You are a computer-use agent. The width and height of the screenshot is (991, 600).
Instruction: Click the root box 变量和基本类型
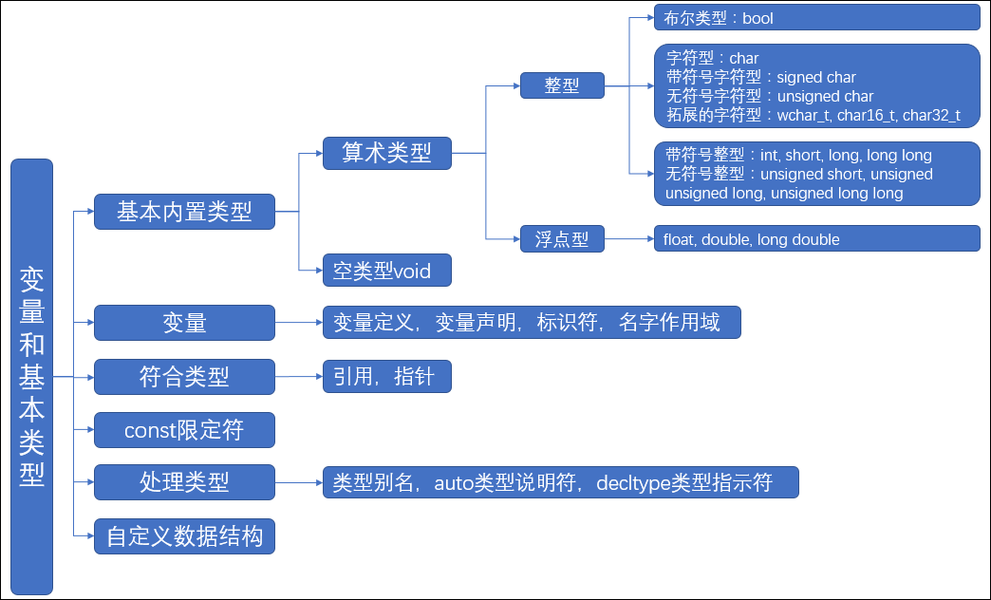pos(31,376)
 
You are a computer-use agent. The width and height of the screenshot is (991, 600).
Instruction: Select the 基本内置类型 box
pos(184,212)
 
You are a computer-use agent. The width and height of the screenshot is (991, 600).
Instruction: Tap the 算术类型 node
pos(386,152)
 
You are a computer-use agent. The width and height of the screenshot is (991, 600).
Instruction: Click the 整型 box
pos(562,85)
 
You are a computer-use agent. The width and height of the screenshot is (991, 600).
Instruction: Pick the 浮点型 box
pos(562,239)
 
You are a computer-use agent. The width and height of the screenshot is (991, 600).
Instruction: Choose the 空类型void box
pos(386,272)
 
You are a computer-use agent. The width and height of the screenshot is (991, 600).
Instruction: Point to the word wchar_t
pos(803,116)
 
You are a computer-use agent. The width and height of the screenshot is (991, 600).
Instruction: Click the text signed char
pos(815,78)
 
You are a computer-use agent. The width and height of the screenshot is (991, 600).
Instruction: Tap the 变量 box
pos(184,323)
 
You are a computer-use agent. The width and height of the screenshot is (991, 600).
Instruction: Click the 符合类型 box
pos(184,377)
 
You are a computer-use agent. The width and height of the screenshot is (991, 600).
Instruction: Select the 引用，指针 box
pos(386,377)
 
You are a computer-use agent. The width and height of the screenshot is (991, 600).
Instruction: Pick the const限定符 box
pos(184,431)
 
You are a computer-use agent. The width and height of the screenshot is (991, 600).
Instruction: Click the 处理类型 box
pos(184,482)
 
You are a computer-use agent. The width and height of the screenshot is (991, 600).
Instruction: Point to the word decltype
pos(632,483)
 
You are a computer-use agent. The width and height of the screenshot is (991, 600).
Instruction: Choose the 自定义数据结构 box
pos(184,537)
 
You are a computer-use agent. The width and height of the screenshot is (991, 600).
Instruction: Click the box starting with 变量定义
pos(531,323)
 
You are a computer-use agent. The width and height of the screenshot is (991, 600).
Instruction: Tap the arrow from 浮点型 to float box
pos(628,239)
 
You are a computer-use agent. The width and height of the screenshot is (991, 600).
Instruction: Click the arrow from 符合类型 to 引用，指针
pos(298,377)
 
